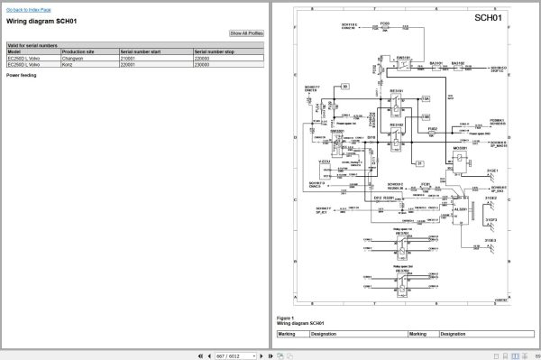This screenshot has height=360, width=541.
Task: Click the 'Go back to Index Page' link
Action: pyautogui.click(x=28, y=8)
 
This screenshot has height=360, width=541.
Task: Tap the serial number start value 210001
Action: pyautogui.click(x=132, y=59)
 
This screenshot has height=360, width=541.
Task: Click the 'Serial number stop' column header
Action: pyautogui.click(x=213, y=51)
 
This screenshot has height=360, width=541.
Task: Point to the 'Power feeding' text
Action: pyautogui.click(x=22, y=76)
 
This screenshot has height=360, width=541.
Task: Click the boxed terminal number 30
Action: pyautogui.click(x=346, y=87)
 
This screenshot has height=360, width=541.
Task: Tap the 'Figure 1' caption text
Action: pyautogui.click(x=286, y=318)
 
